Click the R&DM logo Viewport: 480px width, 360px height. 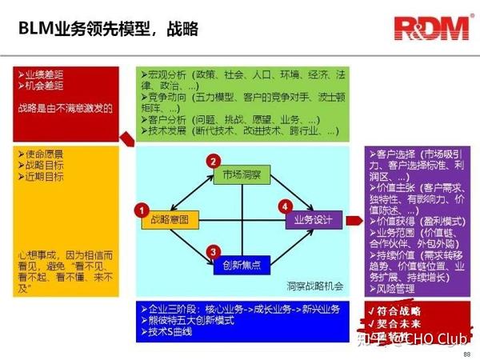(430, 29)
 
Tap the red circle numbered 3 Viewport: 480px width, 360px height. (212, 253)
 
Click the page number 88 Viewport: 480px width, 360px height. (467, 353)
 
